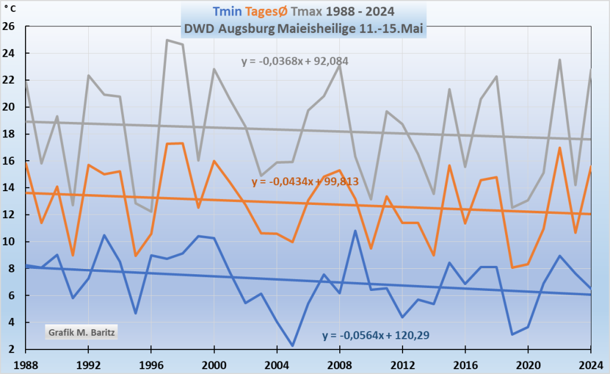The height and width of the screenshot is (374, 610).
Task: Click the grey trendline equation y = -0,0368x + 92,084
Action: click(295, 61)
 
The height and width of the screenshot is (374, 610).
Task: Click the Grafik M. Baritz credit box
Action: click(80, 330)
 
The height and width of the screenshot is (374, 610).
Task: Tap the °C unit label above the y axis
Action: click(12, 10)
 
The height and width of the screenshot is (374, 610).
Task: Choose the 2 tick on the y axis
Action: click(11, 350)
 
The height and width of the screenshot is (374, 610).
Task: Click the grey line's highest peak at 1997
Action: click(167, 40)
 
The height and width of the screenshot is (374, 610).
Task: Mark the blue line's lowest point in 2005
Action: click(293, 345)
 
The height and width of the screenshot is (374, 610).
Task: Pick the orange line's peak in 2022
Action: click(559, 148)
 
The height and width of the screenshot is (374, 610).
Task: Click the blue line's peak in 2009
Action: click(355, 231)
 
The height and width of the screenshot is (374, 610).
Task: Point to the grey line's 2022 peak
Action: click(559, 60)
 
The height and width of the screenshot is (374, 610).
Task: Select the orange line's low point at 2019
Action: click(512, 267)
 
